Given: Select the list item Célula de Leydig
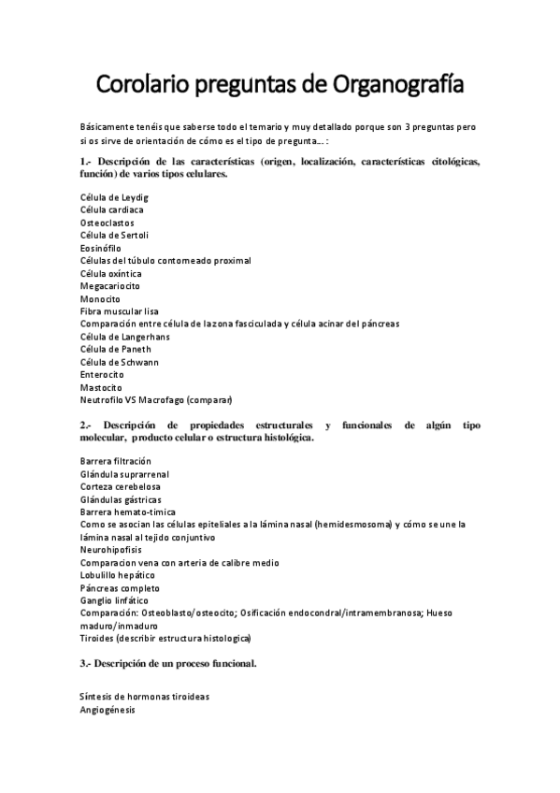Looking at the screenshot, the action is (x=114, y=197).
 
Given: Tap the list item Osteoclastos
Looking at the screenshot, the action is (x=107, y=223).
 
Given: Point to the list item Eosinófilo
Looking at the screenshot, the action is (x=102, y=248).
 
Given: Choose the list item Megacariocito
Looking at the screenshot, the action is (x=110, y=285).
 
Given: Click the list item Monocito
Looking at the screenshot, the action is (x=100, y=298).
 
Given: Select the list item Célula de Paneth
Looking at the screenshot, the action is (x=115, y=349).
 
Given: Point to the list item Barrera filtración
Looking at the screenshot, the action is (x=116, y=461).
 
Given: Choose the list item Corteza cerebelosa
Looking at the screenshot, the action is (x=120, y=486).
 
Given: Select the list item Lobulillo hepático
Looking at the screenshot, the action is (x=118, y=575).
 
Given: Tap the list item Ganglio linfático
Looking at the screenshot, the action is (x=113, y=600).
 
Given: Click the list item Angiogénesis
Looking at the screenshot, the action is (x=108, y=710).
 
